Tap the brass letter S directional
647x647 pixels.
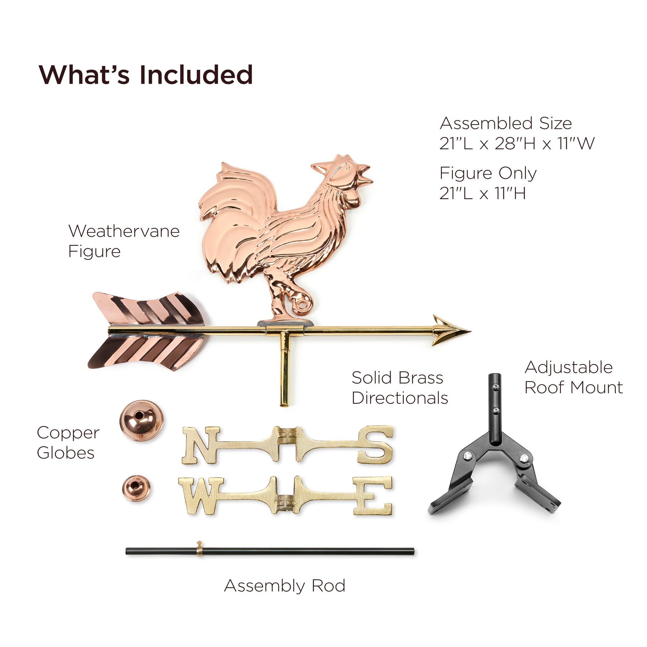375,445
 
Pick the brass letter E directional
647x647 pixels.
373,496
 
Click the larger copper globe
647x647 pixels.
141,420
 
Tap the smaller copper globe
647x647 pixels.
136,488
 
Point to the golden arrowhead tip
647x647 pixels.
470,331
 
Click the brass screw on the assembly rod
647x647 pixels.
199,552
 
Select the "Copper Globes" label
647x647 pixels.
68,443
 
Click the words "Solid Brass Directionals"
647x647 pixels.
400,388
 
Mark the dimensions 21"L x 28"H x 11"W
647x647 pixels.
517,143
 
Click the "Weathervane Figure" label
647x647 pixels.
124,241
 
